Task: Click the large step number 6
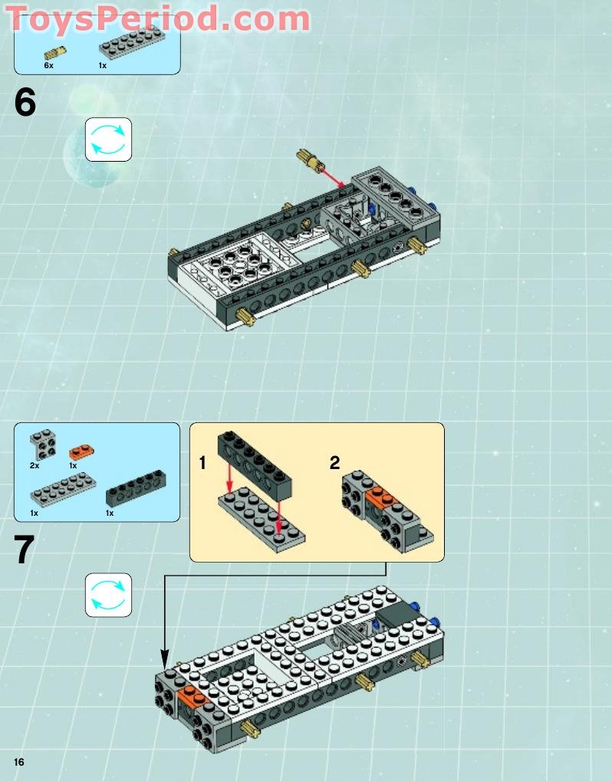point(25,103)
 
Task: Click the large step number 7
point(25,550)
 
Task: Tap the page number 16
point(18,761)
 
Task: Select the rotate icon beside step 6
point(108,139)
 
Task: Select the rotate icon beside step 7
point(108,595)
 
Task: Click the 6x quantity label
point(48,66)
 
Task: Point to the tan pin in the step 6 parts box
point(54,53)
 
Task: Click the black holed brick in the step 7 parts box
point(136,488)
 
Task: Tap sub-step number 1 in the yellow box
point(202,463)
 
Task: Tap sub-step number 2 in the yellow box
point(334,463)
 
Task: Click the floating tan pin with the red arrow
point(308,160)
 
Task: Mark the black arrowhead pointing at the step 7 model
point(164,658)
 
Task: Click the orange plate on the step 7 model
point(192,696)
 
